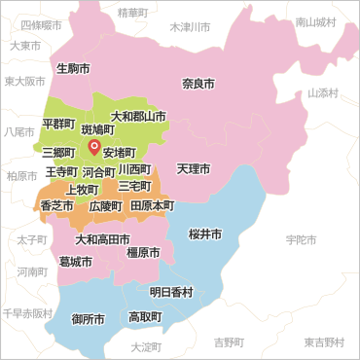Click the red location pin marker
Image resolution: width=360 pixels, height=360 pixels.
[94, 148]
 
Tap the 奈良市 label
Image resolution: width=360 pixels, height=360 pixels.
[199, 84]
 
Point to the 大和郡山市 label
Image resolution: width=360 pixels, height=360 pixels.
[138, 116]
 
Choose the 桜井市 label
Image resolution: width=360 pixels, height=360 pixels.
[205, 234]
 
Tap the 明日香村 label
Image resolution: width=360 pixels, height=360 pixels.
[171, 292]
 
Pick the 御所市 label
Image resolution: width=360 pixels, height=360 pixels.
[89, 318]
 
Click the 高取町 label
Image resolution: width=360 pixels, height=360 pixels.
[145, 316]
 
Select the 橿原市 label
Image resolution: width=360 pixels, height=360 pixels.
[144, 252]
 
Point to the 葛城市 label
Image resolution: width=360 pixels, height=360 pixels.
[75, 262]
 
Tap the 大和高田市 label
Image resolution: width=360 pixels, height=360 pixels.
[103, 238]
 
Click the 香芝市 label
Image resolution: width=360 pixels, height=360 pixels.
[55, 206]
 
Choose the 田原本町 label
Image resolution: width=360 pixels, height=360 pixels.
[152, 206]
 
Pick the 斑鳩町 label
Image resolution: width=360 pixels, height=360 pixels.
[97, 127]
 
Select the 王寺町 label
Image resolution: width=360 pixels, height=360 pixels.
[61, 171]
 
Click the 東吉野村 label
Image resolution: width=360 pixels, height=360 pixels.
[323, 342]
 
